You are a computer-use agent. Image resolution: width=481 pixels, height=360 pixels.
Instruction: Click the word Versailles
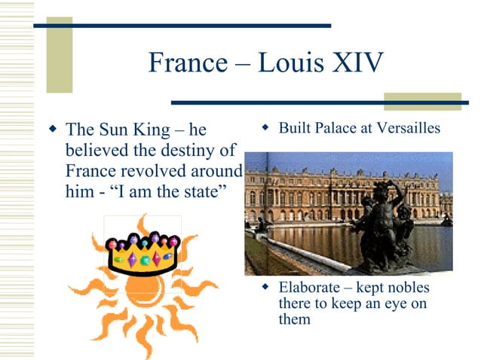410,128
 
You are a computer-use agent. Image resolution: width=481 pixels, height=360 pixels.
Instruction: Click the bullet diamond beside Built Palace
265,127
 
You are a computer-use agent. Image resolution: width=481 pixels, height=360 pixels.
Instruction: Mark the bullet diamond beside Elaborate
265,287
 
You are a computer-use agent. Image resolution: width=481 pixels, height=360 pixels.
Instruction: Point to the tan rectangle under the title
422,102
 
